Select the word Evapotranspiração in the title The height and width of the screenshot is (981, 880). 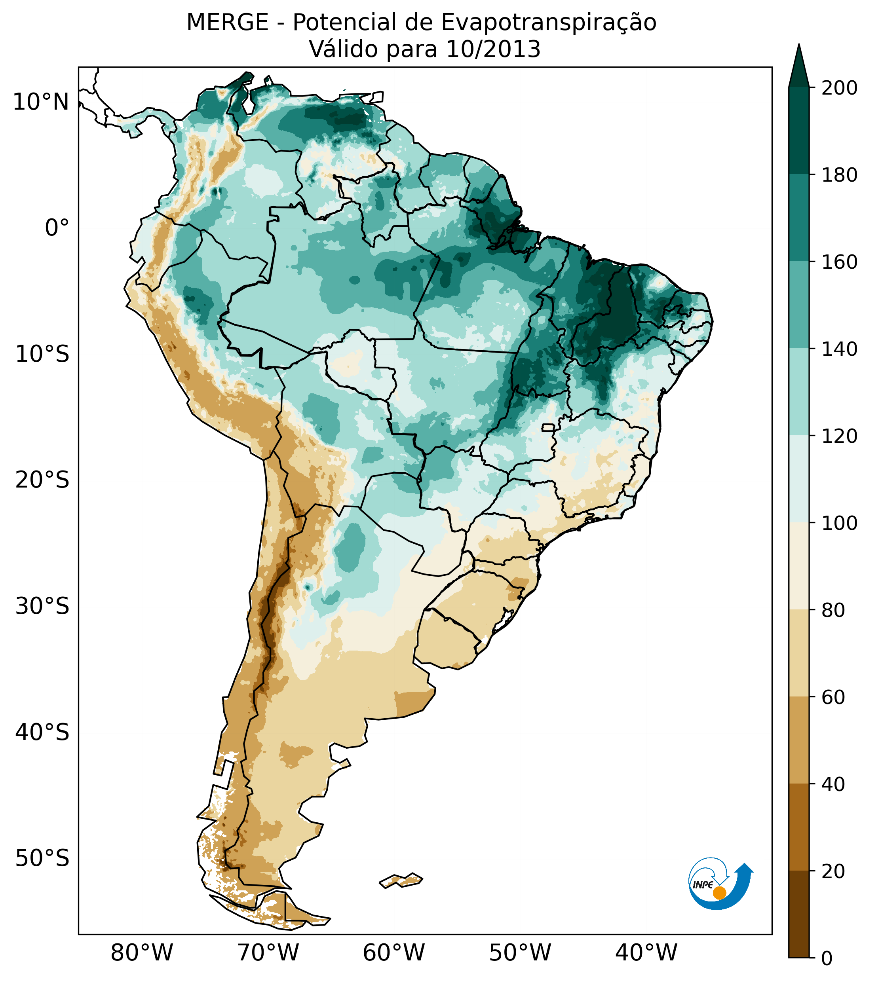(548, 23)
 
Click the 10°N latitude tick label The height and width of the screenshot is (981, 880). (41, 102)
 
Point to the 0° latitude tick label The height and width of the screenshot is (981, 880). (57, 228)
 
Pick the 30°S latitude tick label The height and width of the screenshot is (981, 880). (42, 607)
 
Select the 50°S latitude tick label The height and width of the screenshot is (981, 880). (42, 859)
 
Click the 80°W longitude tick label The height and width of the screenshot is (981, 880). (142, 953)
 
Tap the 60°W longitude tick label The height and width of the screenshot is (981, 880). (394, 953)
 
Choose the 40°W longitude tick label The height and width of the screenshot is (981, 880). (646, 953)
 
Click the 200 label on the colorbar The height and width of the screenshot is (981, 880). (839, 88)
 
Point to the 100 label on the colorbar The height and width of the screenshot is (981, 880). (839, 523)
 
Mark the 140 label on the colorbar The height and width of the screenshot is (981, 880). (839, 349)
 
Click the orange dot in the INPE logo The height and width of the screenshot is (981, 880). (719, 893)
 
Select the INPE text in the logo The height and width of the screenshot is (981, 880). (703, 885)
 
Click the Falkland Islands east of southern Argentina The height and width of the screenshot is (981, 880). (401, 880)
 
